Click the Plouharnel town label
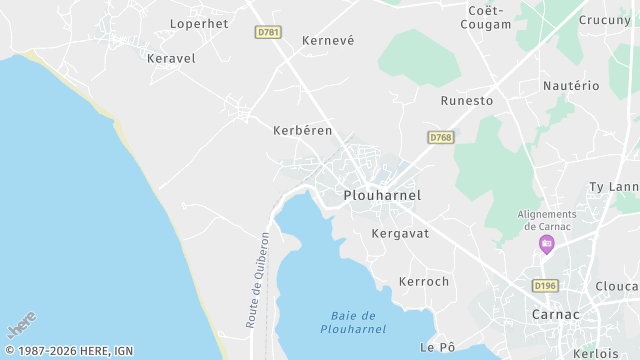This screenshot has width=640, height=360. click(381, 195)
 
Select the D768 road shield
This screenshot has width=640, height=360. click(439, 137)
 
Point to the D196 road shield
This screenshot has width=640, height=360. click(545, 285)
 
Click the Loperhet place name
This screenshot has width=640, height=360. click(200, 23)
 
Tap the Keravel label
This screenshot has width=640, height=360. click(171, 58)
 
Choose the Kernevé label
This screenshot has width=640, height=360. click(329, 41)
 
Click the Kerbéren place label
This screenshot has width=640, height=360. click(302, 130)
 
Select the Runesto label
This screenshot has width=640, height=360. click(467, 101)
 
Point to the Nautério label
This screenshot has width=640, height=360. click(571, 86)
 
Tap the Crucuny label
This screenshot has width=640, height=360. click(604, 20)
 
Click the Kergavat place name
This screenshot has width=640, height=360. click(400, 233)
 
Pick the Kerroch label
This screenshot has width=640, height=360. click(424, 282)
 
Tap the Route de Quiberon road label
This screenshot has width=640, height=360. click(258, 280)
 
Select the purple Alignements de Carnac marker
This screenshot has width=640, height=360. click(546, 244)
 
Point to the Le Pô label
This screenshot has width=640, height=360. click(437, 347)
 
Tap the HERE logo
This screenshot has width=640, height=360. click(21, 325)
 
